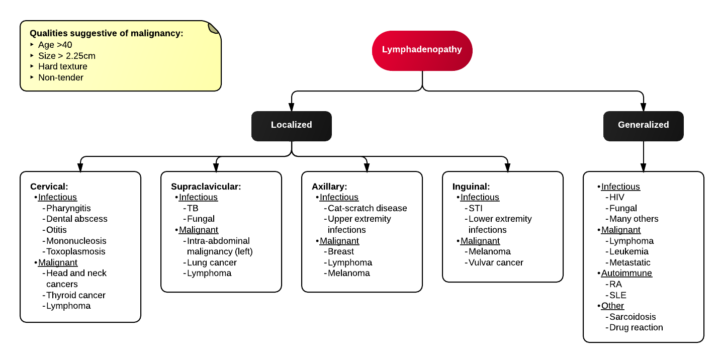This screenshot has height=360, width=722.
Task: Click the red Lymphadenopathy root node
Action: pos(422,50)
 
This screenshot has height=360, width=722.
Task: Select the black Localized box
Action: pos(291,125)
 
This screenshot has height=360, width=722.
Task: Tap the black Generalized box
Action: pos(643,125)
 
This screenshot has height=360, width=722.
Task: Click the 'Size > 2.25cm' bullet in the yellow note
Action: pos(66,56)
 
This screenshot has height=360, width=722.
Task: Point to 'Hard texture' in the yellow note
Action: pos(62,66)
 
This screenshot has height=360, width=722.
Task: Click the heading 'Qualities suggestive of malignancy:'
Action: pos(106,34)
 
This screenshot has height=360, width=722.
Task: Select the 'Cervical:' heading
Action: pos(49,187)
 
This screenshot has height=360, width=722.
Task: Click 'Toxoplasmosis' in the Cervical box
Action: pos(75,251)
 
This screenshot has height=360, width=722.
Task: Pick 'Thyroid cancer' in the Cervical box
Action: pos(75,295)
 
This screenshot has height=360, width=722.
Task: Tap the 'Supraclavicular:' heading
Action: pos(206,187)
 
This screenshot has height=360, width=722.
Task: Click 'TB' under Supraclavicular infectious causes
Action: pos(193,208)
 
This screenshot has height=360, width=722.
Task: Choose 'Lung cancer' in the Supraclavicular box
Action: pos(211,262)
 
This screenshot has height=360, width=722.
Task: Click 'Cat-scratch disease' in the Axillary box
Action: pos(367,208)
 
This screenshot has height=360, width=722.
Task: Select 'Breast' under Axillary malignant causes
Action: pos(340,251)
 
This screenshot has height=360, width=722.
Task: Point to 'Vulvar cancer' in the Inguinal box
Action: pos(495,262)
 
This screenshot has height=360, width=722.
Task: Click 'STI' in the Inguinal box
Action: pos(475,208)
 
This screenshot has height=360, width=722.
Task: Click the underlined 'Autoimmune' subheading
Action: pos(626,273)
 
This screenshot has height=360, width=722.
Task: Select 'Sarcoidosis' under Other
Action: pos(632,317)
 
